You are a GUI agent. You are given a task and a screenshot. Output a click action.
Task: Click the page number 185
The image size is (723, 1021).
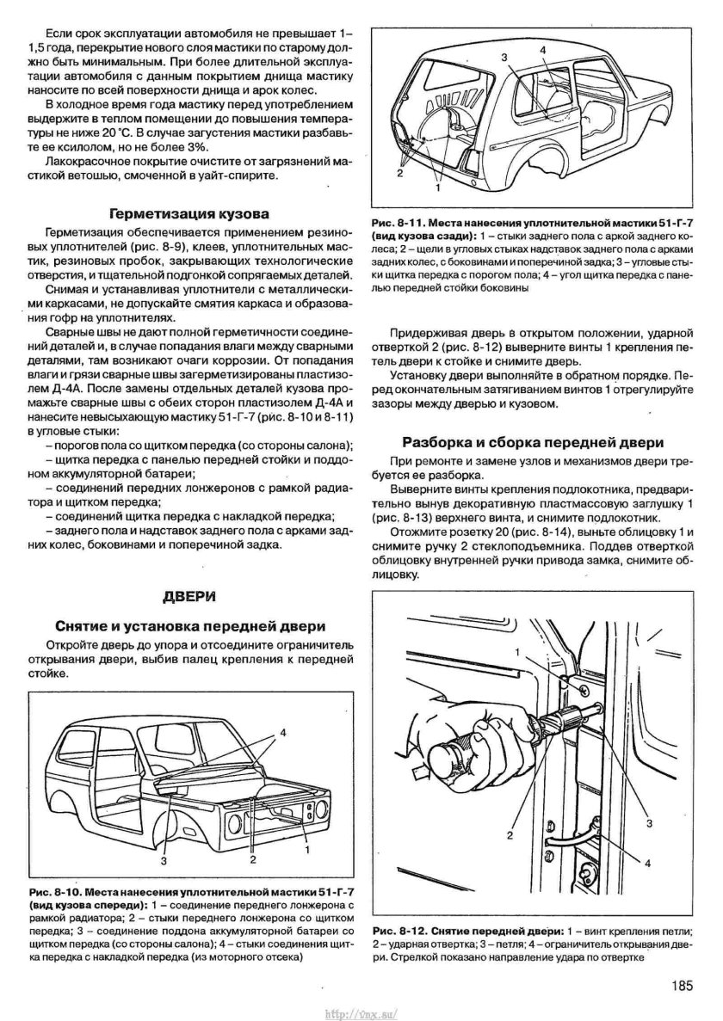[678, 987]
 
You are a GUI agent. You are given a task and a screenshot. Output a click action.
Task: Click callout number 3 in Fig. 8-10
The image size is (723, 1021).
[161, 859]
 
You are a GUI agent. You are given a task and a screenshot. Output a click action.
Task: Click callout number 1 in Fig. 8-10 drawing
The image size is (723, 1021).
[306, 848]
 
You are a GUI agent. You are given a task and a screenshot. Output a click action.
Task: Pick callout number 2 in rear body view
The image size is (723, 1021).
[399, 173]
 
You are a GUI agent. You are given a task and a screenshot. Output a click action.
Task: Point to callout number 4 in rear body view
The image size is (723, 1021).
[543, 51]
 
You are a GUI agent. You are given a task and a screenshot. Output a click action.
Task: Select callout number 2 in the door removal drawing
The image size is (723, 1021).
[510, 834]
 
